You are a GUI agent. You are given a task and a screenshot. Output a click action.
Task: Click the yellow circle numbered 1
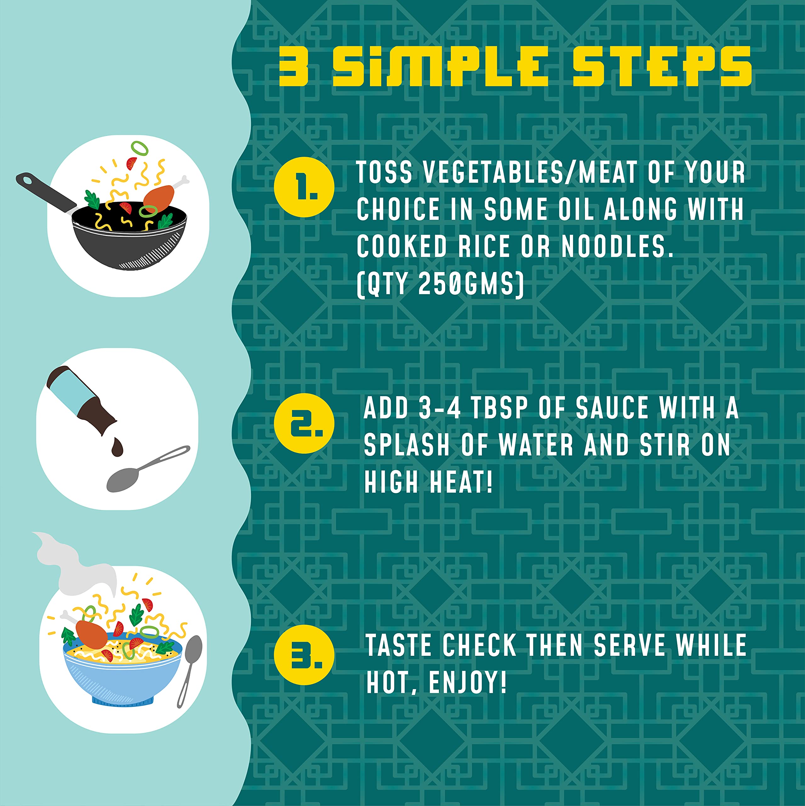[304, 187]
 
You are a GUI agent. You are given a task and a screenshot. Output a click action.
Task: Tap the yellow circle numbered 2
[304, 423]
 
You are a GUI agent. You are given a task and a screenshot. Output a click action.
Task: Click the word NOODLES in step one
[618, 246]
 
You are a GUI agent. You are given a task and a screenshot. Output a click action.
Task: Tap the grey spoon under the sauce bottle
[146, 469]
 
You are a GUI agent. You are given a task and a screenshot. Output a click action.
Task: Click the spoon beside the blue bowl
[190, 670]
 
